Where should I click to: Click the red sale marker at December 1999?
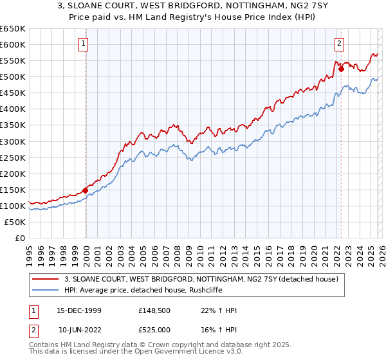(x=86, y=190)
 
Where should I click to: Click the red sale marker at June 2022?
(x=341, y=69)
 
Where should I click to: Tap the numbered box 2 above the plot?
(x=339, y=44)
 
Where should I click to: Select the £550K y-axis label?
(x=13, y=61)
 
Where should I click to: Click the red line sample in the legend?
(x=46, y=279)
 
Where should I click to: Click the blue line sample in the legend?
(x=46, y=290)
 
